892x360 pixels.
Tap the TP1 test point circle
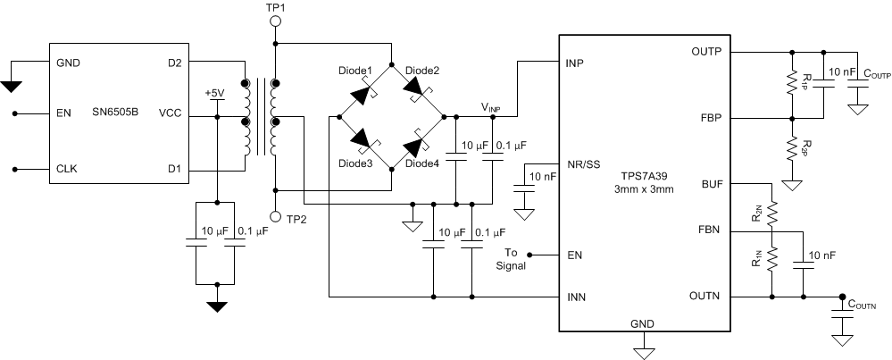[275, 21]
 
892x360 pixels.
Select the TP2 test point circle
[275, 216]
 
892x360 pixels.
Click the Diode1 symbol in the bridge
[363, 91]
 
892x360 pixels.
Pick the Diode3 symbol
[363, 140]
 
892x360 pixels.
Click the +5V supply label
[215, 93]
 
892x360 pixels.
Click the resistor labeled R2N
[772, 213]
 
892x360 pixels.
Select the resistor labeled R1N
[772, 261]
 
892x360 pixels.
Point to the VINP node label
[491, 108]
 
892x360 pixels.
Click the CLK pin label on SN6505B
[68, 168]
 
